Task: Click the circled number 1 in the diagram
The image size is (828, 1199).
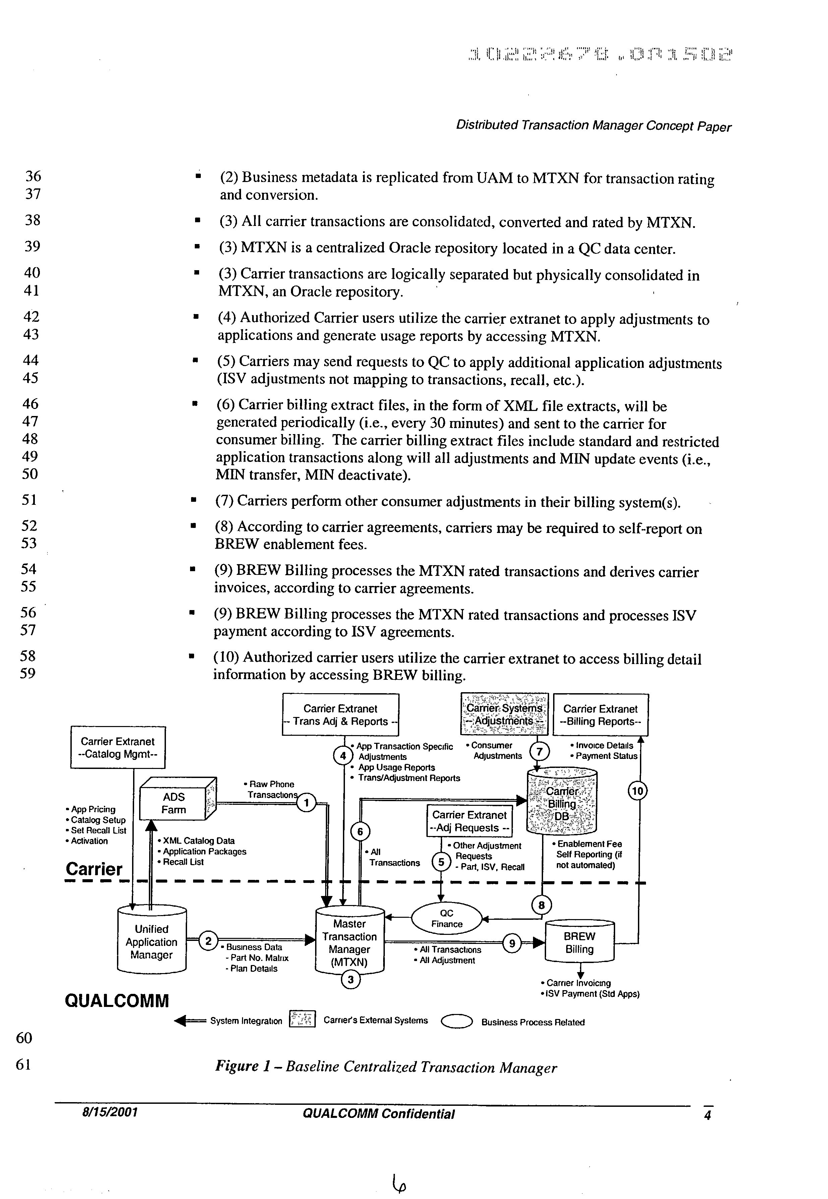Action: coord(306,804)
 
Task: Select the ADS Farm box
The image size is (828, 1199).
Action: coord(174,803)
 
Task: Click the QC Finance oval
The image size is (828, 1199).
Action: coord(447,919)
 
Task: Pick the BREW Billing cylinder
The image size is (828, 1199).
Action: coord(580,943)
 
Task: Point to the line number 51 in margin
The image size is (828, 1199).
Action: coord(29,500)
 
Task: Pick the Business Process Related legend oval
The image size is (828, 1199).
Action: coord(457,1022)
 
